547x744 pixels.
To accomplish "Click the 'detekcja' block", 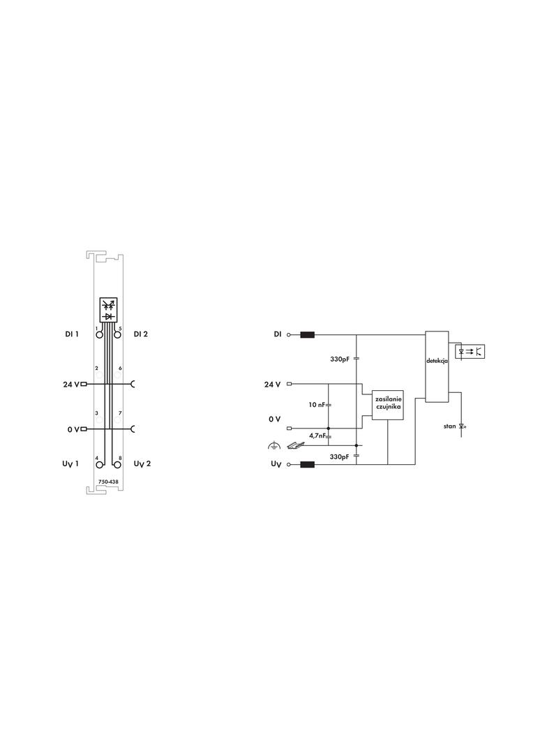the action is (437, 366).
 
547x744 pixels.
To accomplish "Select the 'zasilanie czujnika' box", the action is (388, 405).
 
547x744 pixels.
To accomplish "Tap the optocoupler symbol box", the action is (470, 352).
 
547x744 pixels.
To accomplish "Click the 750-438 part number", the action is (108, 482).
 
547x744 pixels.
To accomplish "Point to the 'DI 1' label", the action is (72, 334).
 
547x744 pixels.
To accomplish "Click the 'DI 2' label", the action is (140, 334).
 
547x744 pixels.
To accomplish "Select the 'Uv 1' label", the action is (70, 463).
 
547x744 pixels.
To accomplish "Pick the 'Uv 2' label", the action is (142, 463).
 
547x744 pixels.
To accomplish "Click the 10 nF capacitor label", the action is (317, 405).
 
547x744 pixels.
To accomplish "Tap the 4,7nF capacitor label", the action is (317, 435).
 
